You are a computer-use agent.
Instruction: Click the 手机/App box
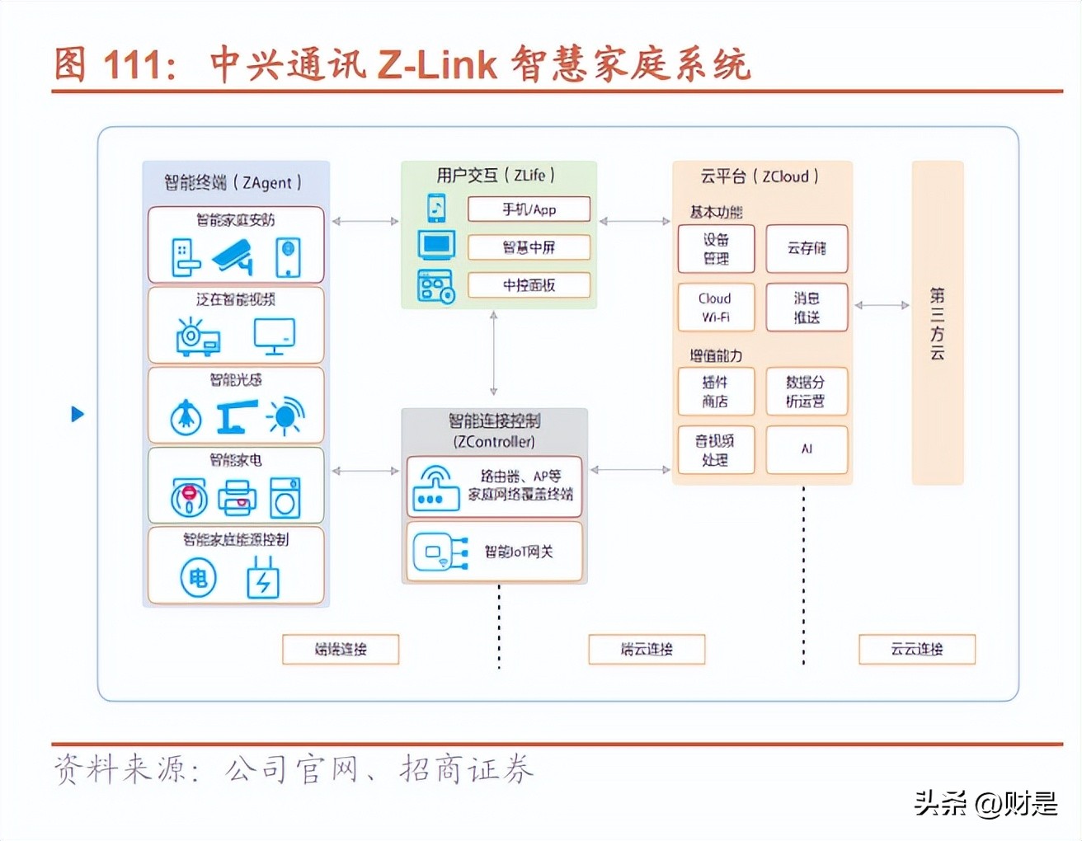(x=529, y=209)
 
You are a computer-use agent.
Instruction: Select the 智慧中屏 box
(x=529, y=247)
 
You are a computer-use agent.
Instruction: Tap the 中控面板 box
(x=529, y=285)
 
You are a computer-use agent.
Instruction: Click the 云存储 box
(x=806, y=248)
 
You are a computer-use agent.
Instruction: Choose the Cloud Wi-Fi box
(x=715, y=308)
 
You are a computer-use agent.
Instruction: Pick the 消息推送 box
(x=806, y=308)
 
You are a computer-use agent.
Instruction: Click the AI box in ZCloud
(x=806, y=449)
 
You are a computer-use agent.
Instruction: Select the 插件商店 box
(x=715, y=392)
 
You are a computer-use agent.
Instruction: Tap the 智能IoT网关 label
(x=518, y=552)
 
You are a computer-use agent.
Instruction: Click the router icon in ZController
(x=435, y=488)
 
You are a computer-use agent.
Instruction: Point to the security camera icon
(x=233, y=256)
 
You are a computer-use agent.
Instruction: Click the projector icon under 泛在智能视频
(x=198, y=337)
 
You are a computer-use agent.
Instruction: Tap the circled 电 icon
(x=198, y=578)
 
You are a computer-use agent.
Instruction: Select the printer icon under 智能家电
(x=236, y=498)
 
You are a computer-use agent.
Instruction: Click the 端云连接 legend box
(x=647, y=649)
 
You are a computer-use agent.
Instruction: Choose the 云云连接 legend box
(x=916, y=649)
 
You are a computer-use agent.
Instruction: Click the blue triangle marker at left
(x=78, y=414)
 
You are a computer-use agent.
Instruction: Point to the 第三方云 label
(x=937, y=323)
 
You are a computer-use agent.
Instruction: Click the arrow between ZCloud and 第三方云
(x=882, y=305)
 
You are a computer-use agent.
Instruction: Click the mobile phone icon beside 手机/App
(x=436, y=208)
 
